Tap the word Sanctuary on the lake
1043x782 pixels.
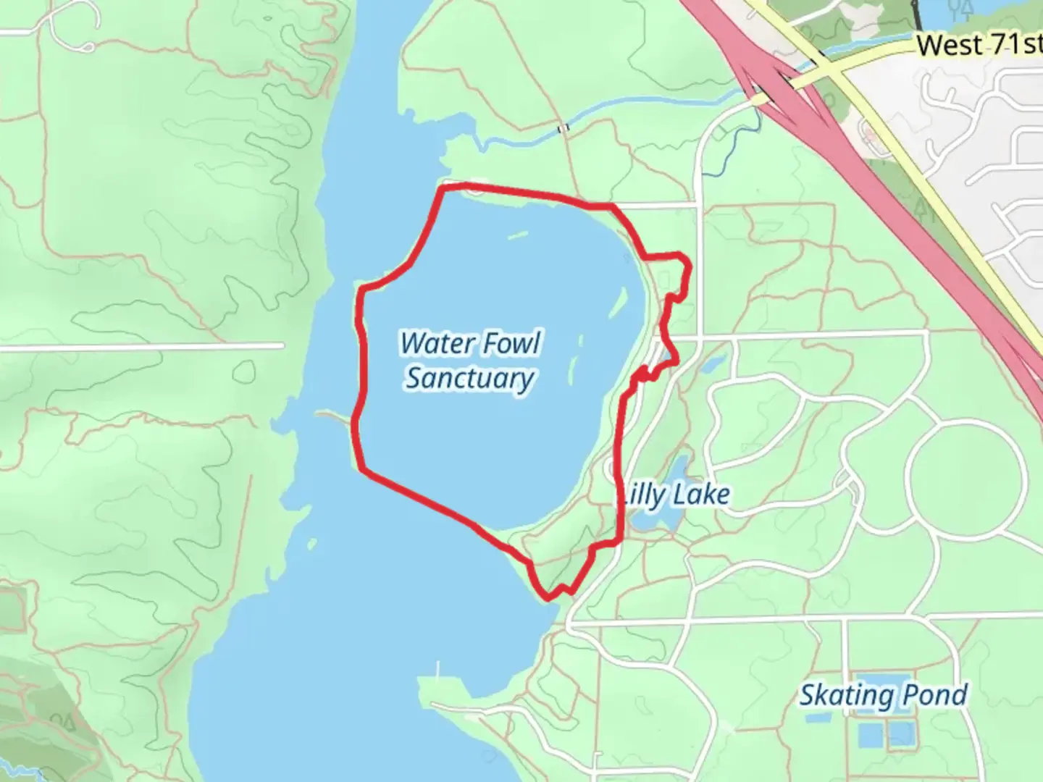click(x=469, y=378)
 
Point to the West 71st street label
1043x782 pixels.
click(x=978, y=45)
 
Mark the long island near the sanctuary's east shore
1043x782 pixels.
click(x=618, y=303)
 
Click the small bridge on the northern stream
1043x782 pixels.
click(x=563, y=129)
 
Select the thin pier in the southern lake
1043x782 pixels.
click(x=437, y=670)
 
